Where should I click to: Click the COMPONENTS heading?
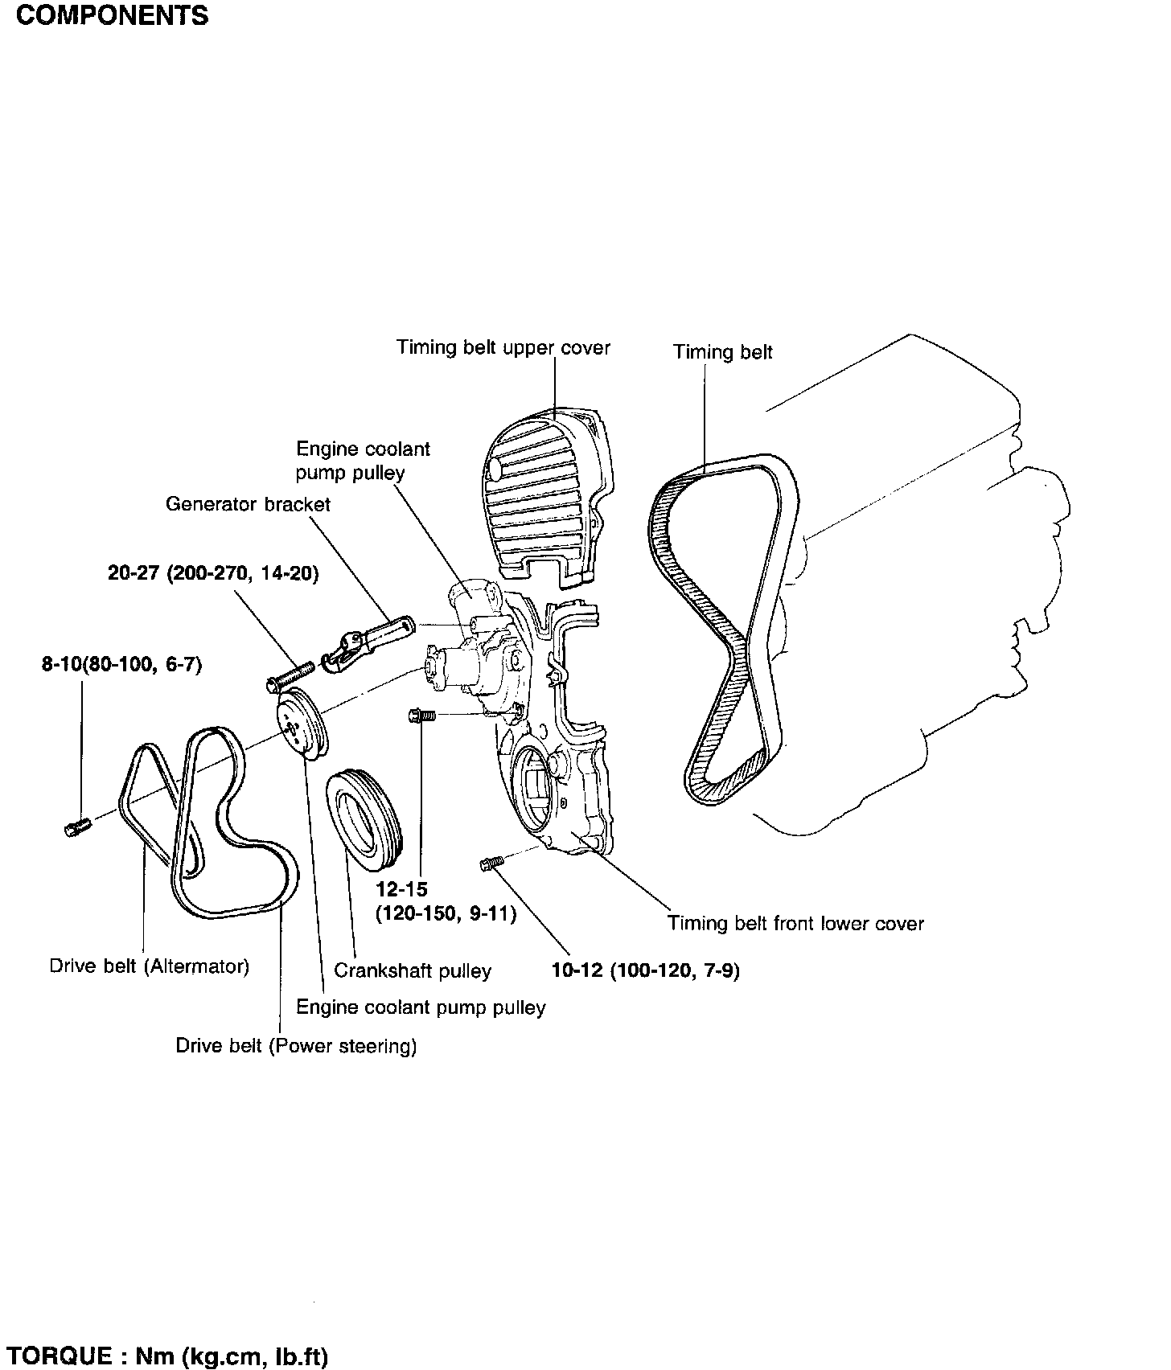click(x=112, y=16)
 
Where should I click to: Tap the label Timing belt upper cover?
click(x=503, y=348)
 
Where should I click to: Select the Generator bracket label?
click(x=248, y=504)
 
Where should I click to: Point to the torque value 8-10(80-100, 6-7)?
click(x=122, y=666)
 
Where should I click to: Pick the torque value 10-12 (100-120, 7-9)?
click(x=646, y=971)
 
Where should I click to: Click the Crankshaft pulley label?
click(x=413, y=971)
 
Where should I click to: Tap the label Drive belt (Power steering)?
click(x=297, y=1046)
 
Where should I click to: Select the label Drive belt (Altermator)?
click(x=150, y=966)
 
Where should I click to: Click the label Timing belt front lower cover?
click(x=795, y=924)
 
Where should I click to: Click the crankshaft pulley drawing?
click(x=366, y=821)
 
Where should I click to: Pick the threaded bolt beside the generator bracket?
click(x=290, y=675)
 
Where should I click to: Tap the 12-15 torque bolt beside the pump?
click(x=422, y=716)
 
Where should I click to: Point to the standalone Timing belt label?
click(x=723, y=352)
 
